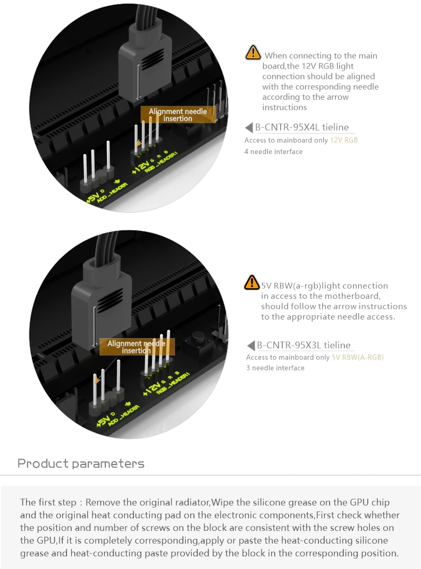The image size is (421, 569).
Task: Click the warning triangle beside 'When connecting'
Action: coord(253,52)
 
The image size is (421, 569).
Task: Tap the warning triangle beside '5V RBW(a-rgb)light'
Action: coord(251,282)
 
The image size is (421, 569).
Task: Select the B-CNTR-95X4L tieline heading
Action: coord(302,127)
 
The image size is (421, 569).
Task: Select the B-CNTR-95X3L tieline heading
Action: coord(304,345)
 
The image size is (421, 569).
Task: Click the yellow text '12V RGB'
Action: coord(344,140)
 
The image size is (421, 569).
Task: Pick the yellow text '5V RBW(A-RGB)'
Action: coord(358,357)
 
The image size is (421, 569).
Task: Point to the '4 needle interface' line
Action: coord(273,151)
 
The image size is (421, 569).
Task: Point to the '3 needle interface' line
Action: coord(275,368)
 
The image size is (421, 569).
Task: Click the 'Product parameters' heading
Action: coord(81,463)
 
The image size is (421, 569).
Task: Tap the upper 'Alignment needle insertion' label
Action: coord(178,115)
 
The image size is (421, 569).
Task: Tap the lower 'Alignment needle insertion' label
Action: coord(136,347)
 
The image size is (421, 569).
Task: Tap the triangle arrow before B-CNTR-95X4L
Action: coord(249,127)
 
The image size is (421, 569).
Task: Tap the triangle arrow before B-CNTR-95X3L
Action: coord(251,346)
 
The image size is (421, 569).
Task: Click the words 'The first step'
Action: coord(48,502)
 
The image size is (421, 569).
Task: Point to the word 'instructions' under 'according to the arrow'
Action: coord(285,107)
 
